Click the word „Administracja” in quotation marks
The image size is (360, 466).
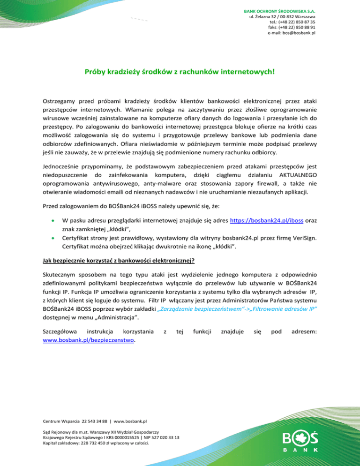click(x=115, y=319)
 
